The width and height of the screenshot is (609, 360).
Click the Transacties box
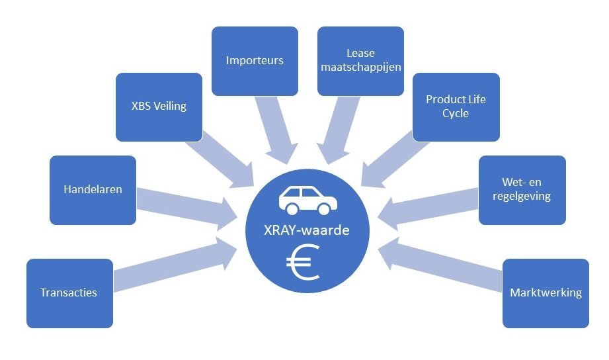[69, 293]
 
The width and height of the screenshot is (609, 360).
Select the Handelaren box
[93, 190]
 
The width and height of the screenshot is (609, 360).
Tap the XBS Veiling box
[159, 107]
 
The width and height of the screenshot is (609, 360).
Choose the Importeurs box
[255, 61]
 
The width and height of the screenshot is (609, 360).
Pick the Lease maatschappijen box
[360, 61]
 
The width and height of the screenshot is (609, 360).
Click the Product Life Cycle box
[456, 107]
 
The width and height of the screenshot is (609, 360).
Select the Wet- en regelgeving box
[522, 190]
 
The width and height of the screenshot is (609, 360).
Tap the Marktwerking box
[546, 293]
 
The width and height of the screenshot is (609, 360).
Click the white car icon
[304, 200]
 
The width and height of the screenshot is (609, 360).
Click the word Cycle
[456, 113]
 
